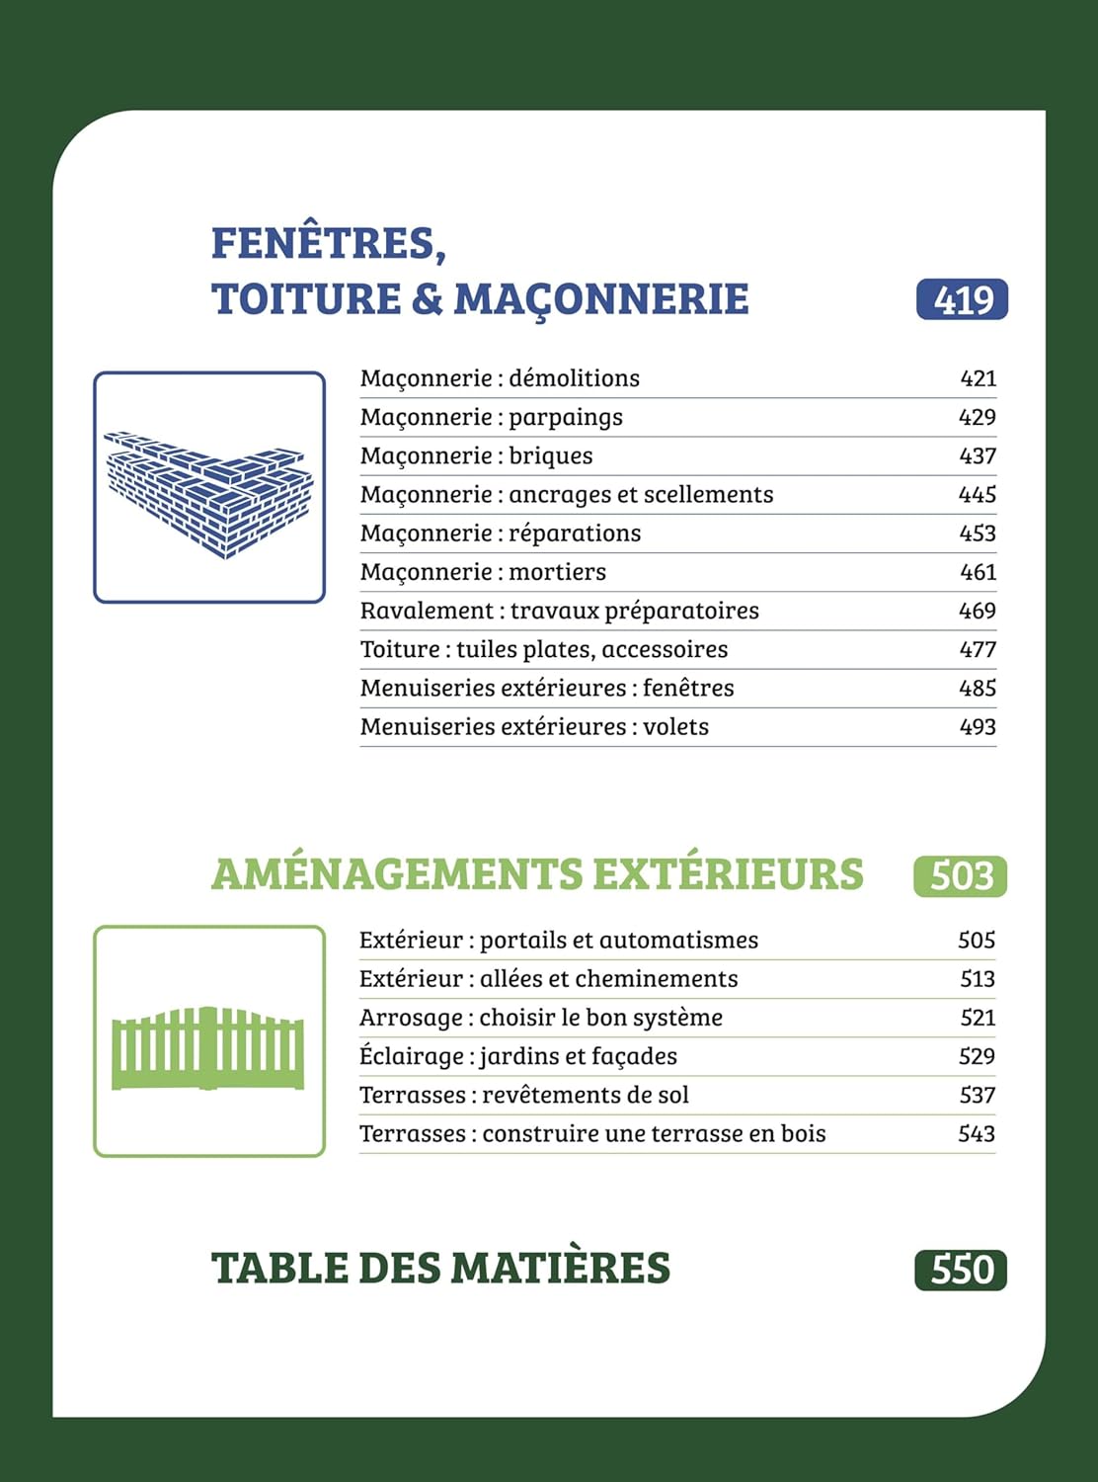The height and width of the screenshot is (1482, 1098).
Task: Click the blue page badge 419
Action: tap(962, 299)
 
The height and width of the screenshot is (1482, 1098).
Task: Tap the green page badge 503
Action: tap(960, 876)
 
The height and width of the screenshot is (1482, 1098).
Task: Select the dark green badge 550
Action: tap(960, 1270)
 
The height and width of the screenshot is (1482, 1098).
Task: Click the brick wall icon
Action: tap(209, 488)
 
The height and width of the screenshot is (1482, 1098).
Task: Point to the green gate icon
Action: tap(208, 1047)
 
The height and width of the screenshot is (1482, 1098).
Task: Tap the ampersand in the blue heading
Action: tap(427, 299)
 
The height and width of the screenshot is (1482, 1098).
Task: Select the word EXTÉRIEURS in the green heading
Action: tap(728, 875)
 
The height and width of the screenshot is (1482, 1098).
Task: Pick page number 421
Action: tap(978, 378)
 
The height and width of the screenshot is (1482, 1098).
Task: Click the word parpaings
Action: tap(566, 418)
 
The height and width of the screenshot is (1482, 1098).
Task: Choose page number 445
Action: tap(978, 494)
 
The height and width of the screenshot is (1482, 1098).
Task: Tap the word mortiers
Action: tap(558, 572)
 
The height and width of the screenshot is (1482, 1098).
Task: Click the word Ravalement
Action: tap(427, 611)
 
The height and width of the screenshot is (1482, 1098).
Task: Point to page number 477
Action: tap(978, 649)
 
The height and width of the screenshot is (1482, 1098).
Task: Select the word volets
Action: tap(676, 727)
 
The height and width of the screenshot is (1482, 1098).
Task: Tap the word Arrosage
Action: tap(411, 1018)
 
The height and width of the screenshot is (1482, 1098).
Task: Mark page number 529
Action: tap(977, 1056)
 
